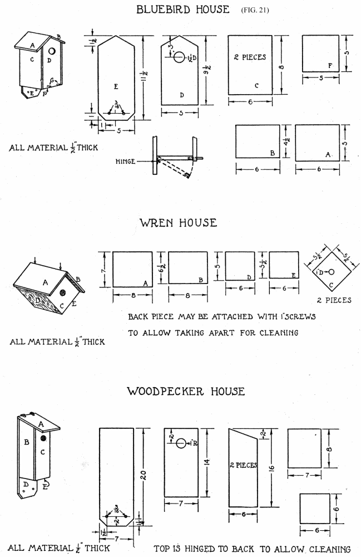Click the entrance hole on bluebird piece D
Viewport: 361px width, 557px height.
(x=180, y=57)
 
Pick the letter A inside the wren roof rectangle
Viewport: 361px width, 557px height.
(x=145, y=283)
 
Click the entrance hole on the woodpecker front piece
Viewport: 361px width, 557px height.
(x=181, y=444)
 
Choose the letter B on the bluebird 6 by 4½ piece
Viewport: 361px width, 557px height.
(x=273, y=152)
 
